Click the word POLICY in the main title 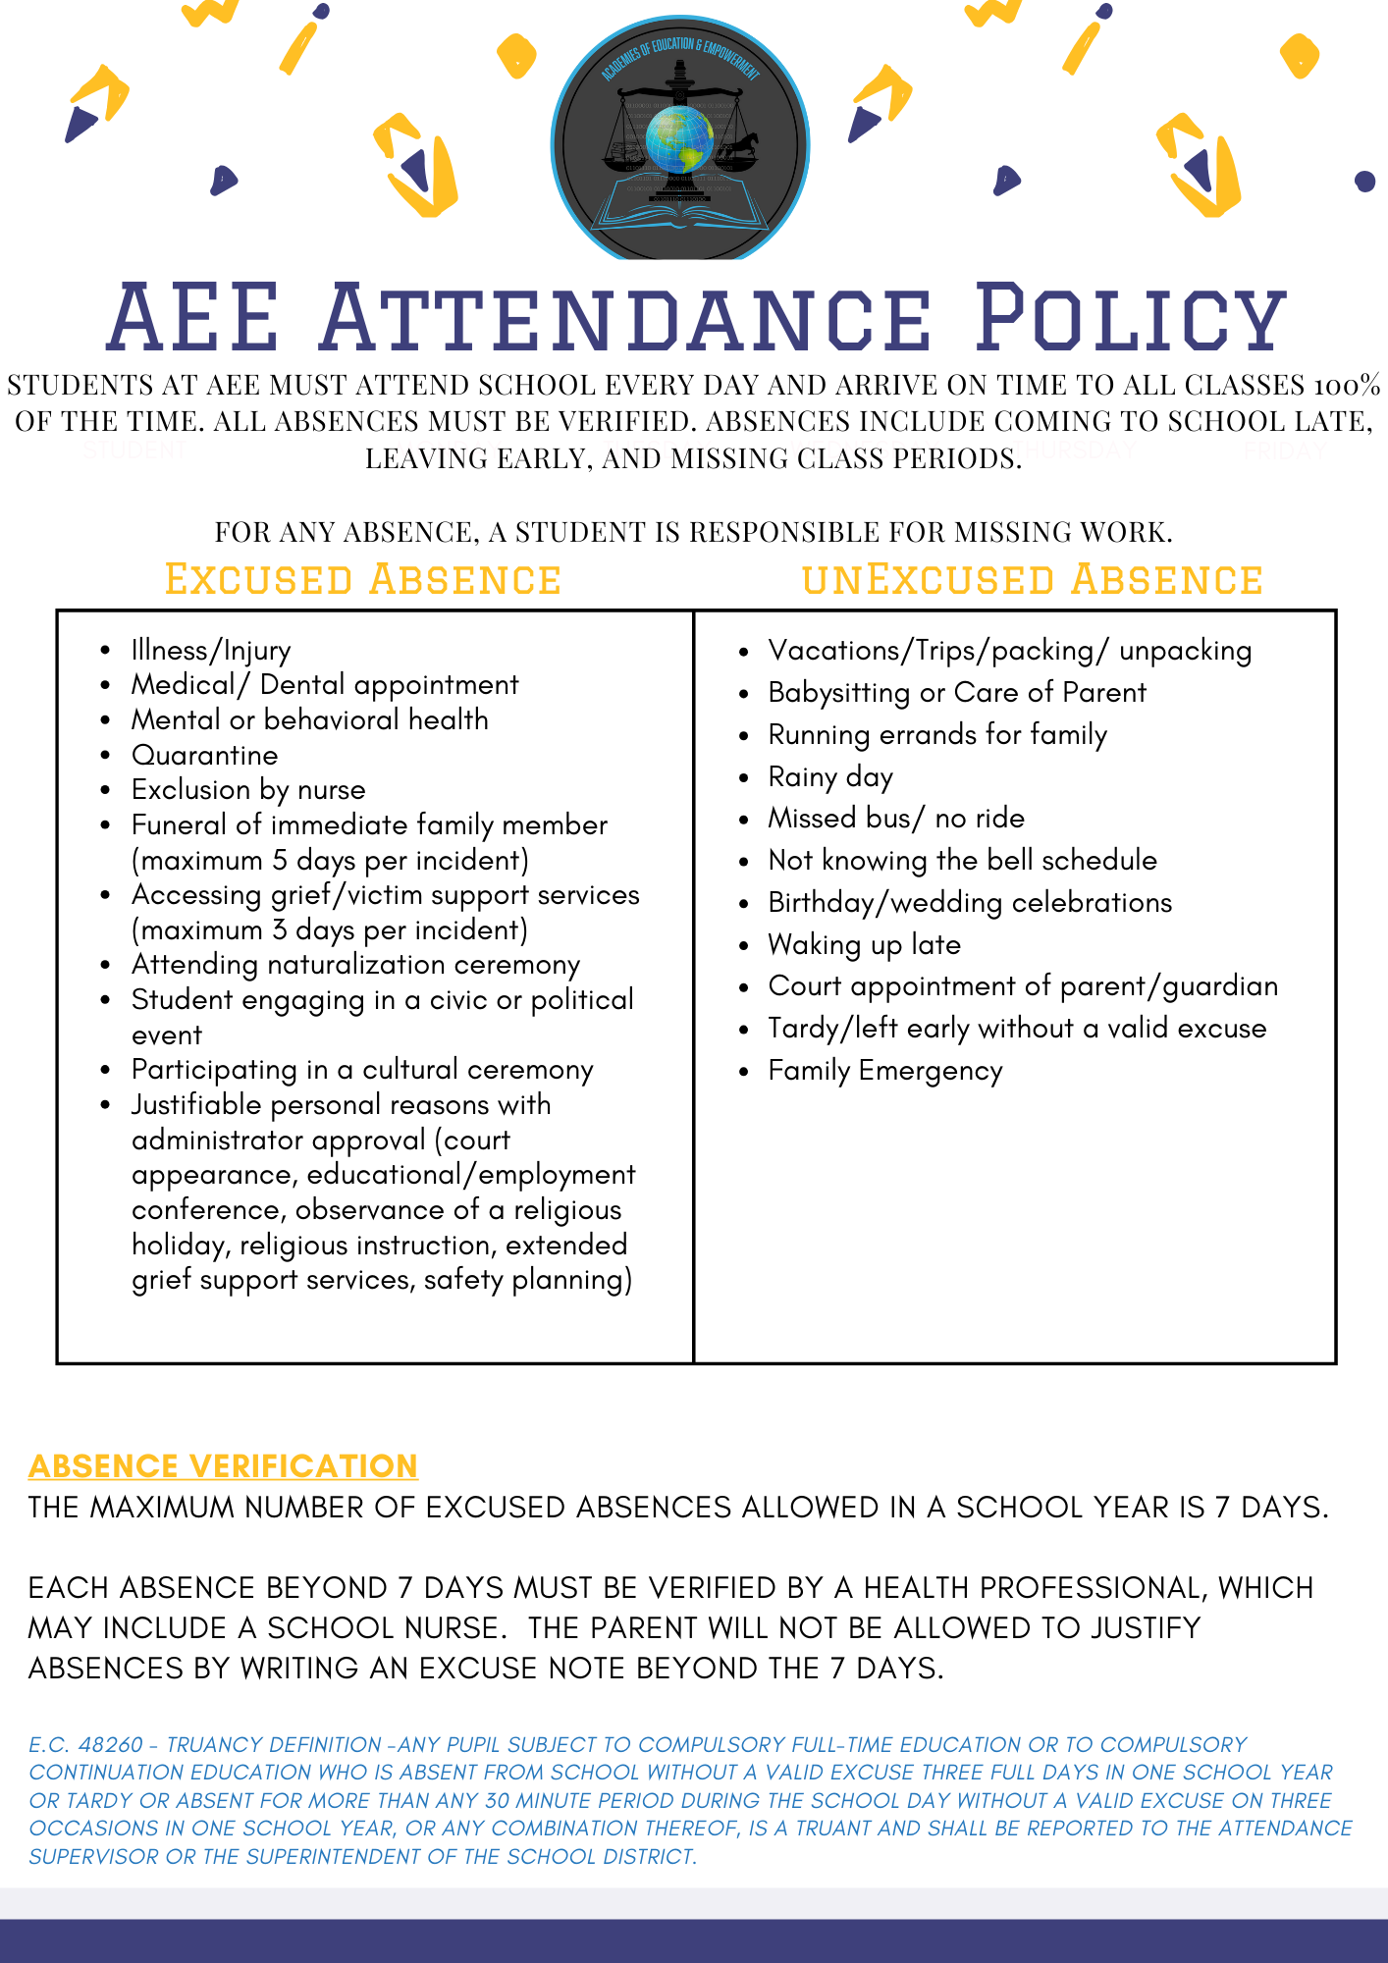(1131, 318)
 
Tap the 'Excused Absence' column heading (362, 580)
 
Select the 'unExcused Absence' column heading (1032, 580)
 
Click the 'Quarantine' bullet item (204, 755)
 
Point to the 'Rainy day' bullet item (830, 776)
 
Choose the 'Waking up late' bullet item (864, 944)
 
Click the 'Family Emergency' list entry (884, 1070)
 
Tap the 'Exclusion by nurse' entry (248, 789)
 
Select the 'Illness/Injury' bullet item (211, 650)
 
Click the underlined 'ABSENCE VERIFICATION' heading (223, 1465)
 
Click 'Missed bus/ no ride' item (895, 818)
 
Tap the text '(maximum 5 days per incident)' (330, 860)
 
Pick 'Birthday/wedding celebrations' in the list (969, 902)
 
